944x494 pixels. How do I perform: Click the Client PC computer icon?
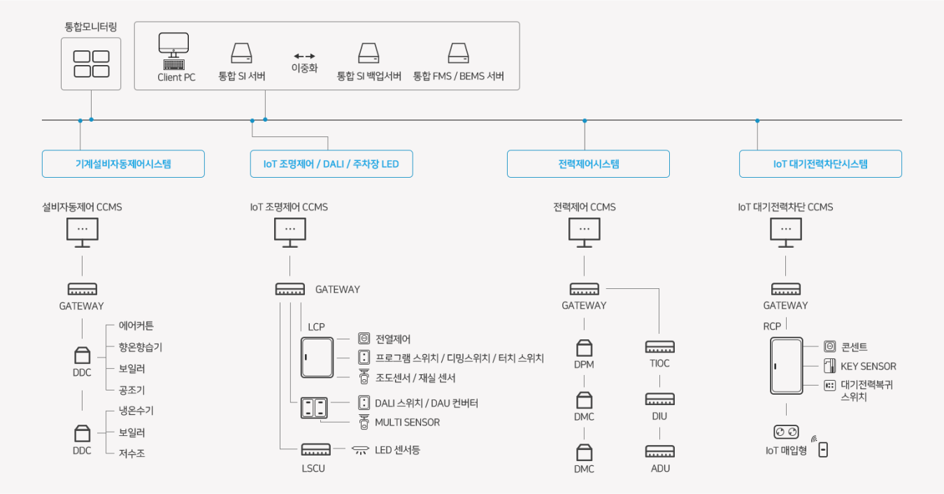click(173, 50)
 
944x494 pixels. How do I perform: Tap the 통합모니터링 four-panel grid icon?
click(91, 64)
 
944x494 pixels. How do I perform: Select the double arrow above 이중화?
click(304, 56)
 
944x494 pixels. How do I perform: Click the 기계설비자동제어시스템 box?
click(123, 164)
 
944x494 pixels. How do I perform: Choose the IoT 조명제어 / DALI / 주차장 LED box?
click(331, 164)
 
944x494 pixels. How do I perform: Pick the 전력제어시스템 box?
click(588, 164)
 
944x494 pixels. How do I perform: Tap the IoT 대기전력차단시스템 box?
click(820, 164)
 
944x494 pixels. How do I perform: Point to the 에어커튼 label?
click(136, 325)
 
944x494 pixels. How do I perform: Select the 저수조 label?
click(132, 453)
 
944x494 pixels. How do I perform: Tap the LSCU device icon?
click(315, 449)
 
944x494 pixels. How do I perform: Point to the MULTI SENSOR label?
click(408, 422)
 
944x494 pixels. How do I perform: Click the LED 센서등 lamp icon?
click(360, 450)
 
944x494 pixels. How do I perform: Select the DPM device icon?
click(585, 348)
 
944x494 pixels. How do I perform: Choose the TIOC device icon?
click(659, 346)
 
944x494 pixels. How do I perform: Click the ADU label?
click(660, 468)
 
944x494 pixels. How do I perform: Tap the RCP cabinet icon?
click(786, 365)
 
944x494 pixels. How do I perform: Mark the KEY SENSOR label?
click(868, 366)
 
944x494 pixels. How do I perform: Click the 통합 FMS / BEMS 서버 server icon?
click(459, 54)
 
